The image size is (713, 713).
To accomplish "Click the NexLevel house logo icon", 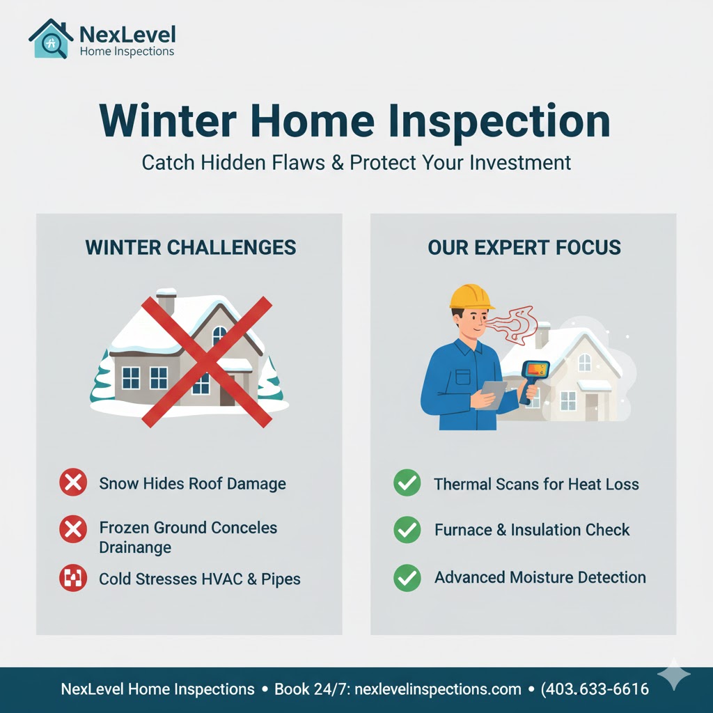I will pyautogui.click(x=51, y=40).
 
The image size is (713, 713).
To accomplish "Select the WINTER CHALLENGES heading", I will pyautogui.click(x=190, y=247).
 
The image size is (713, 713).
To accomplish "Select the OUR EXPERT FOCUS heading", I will pyautogui.click(x=524, y=247).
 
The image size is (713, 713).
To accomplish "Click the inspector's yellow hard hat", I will pyautogui.click(x=471, y=297).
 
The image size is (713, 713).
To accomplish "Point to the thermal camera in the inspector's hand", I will pyautogui.click(x=533, y=377).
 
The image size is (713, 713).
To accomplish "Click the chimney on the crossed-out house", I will pyautogui.click(x=166, y=303).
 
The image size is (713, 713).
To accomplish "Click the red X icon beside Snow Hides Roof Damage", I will pyautogui.click(x=73, y=483).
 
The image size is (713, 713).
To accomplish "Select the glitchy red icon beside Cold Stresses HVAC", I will pyautogui.click(x=73, y=579).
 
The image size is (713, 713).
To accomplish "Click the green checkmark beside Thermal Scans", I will pyautogui.click(x=407, y=483).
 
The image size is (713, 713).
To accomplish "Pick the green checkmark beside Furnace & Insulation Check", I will pyautogui.click(x=407, y=530).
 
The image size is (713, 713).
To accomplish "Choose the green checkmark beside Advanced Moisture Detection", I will pyautogui.click(x=407, y=578).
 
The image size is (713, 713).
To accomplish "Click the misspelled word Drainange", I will pyautogui.click(x=135, y=547).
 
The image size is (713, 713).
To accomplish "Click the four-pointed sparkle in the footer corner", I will pyautogui.click(x=674, y=675).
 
